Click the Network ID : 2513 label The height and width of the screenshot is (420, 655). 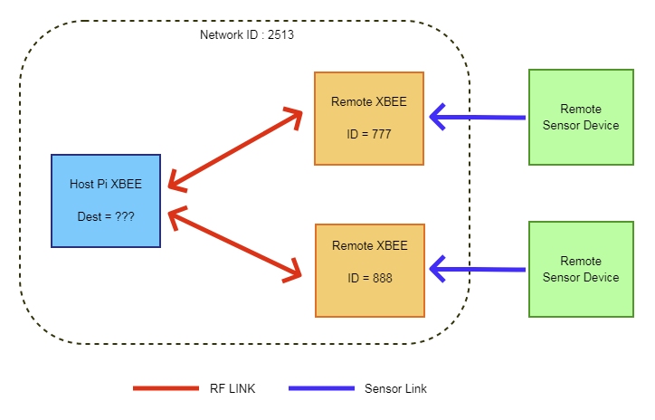click(246, 35)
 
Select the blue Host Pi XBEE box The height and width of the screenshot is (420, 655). click(106, 201)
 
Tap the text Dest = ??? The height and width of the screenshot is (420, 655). click(106, 217)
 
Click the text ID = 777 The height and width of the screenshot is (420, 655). click(369, 135)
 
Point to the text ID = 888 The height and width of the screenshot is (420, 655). click(369, 278)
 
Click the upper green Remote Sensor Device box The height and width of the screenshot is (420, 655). click(581, 118)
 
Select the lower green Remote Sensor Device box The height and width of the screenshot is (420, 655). click(581, 270)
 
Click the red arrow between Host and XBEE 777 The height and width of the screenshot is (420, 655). click(235, 150)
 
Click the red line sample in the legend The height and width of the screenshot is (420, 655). click(166, 388)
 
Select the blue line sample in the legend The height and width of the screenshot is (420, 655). click(321, 388)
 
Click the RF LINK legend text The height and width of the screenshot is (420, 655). click(231, 389)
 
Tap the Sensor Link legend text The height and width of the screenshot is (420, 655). click(395, 389)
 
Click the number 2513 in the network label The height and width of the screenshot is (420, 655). click(280, 35)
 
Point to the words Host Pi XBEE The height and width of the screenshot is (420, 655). click(106, 184)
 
